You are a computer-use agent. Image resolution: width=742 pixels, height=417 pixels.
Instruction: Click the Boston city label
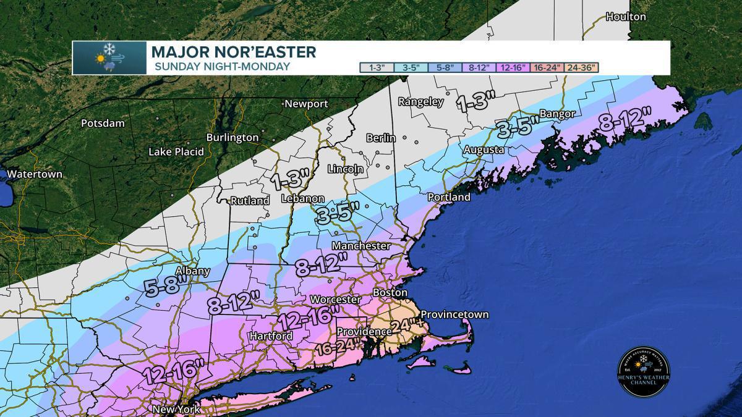coord(390,292)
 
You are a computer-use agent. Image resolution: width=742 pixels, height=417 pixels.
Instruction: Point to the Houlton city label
coord(626,17)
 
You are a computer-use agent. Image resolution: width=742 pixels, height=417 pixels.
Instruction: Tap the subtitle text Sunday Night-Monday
coord(222,66)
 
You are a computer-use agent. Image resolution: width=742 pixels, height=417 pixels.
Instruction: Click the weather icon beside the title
coord(109,58)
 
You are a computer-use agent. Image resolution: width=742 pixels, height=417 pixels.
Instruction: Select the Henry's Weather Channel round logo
coord(644,372)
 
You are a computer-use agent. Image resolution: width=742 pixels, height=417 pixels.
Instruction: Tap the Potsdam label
coord(103,123)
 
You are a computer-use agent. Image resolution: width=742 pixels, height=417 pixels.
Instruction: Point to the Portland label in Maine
coord(449,197)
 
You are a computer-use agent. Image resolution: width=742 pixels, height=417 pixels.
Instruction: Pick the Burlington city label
coord(232,137)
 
